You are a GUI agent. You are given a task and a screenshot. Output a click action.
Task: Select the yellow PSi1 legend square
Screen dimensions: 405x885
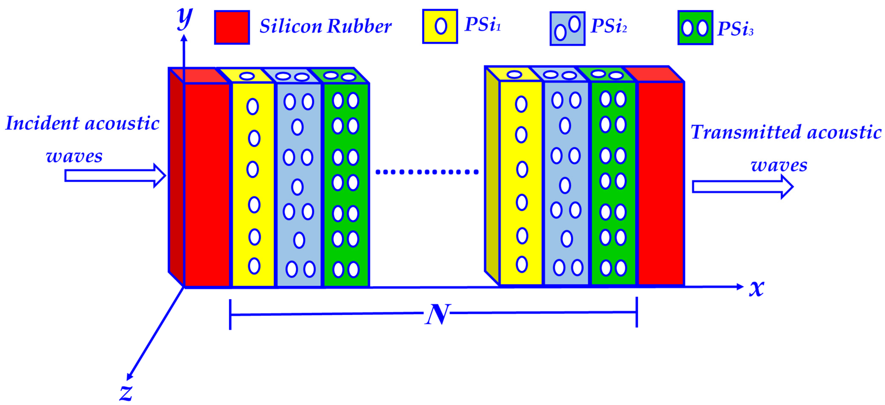tap(440, 26)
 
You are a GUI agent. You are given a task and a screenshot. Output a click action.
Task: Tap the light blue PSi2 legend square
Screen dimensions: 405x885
tap(567, 29)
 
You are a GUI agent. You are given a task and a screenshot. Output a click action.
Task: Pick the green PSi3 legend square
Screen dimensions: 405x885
tap(695, 27)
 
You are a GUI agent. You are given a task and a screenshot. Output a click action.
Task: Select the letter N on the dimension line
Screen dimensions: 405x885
tap(437, 314)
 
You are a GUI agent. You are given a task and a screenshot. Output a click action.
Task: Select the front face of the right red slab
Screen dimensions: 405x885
tap(661, 183)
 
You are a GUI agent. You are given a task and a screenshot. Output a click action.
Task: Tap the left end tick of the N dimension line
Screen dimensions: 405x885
tap(230, 314)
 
